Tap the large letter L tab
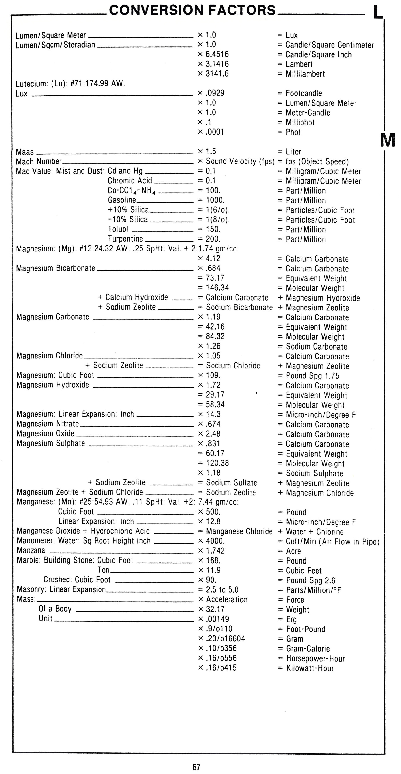(378, 13)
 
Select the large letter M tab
(388, 140)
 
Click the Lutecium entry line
(70, 84)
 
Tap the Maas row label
(25, 152)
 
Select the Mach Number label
(39, 162)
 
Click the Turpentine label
(125, 239)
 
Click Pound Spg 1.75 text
(312, 376)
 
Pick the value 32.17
(215, 609)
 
